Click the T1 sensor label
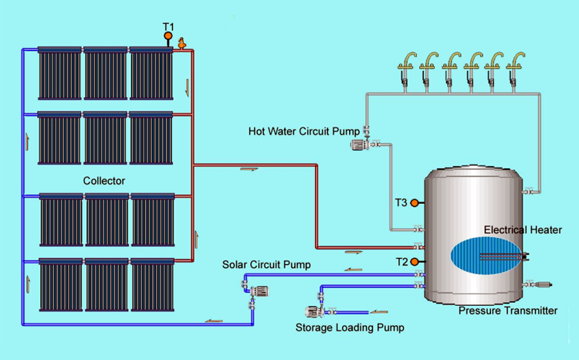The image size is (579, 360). coord(168,26)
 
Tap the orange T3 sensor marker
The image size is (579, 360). coord(415,203)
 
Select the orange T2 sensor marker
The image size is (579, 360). coord(415,262)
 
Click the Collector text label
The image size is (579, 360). coord(104,181)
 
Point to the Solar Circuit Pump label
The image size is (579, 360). coord(266,265)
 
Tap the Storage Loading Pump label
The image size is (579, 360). coord(350,328)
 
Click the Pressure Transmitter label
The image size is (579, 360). coord(508,311)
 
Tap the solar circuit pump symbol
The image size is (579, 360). coord(259,290)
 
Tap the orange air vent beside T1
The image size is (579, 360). coord(181,44)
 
